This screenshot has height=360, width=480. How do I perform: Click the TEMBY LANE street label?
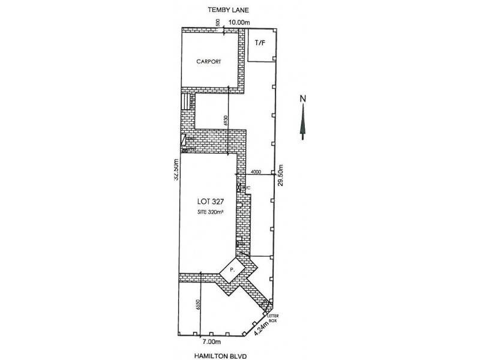229,10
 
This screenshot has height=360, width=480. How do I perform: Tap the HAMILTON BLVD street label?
229,355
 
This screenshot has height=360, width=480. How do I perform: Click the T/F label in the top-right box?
260,43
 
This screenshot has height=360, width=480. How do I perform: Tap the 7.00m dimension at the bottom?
209,341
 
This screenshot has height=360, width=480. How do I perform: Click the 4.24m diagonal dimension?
260,328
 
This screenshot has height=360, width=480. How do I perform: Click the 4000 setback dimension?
256,172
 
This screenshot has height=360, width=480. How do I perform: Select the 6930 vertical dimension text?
226,119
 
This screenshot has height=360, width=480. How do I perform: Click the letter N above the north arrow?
304,98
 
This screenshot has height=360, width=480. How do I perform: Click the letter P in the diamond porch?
232,271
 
